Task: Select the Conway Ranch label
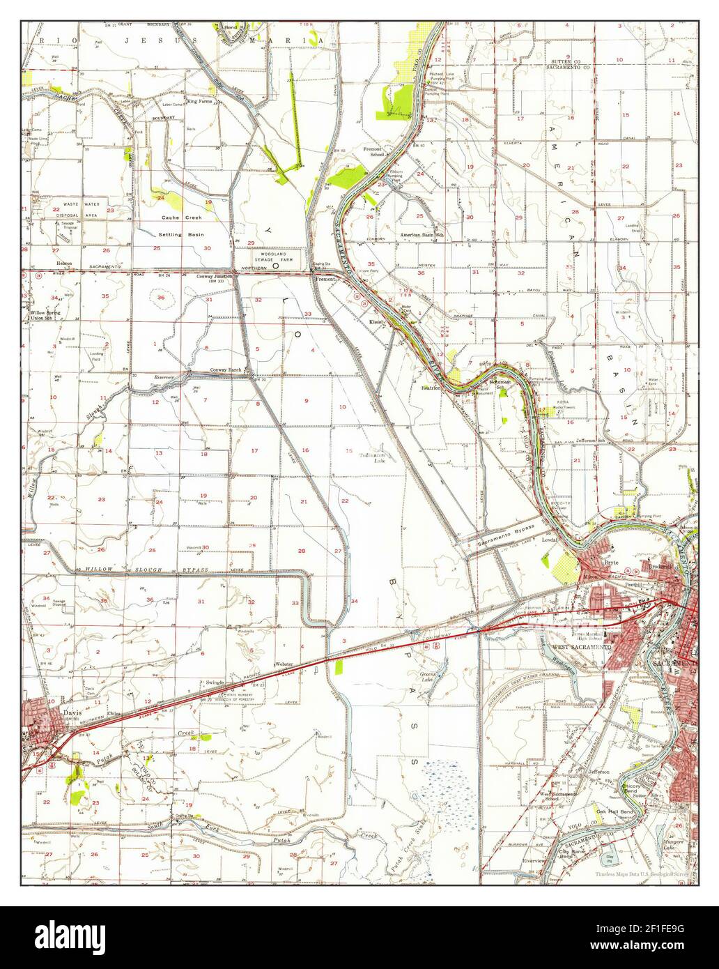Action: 226,370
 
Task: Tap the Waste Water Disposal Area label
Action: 81,210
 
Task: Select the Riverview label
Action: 534,861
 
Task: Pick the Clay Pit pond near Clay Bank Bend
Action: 609,857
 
